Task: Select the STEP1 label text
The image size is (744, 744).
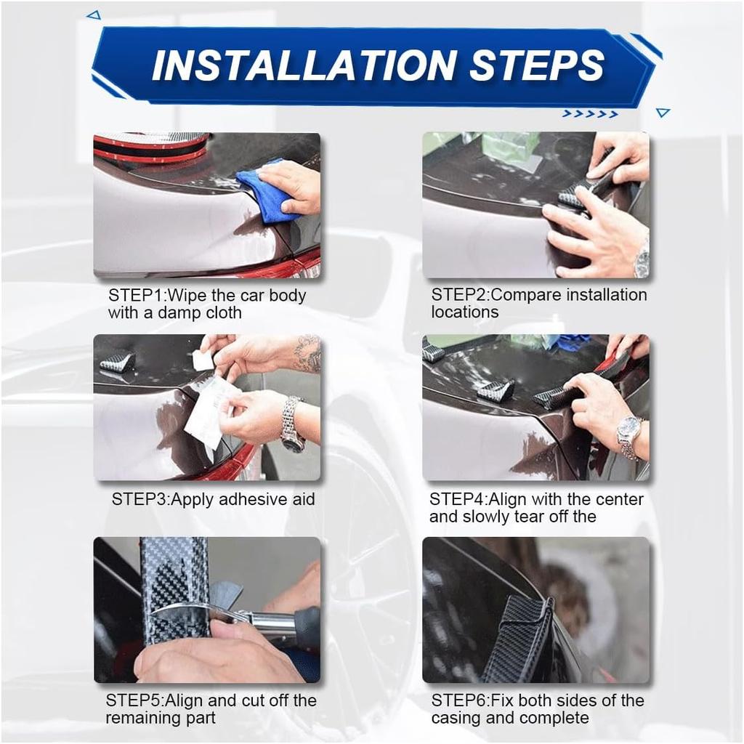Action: (x=136, y=295)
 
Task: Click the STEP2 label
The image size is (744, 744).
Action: (x=459, y=295)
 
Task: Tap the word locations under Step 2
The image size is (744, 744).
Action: (x=464, y=312)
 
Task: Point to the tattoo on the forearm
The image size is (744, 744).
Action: (x=307, y=354)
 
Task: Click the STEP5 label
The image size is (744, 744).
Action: (x=134, y=700)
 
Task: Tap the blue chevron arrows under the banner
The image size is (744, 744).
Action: (x=590, y=114)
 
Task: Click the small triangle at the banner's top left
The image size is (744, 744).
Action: (x=94, y=15)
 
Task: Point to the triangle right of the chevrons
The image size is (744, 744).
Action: (x=663, y=113)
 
